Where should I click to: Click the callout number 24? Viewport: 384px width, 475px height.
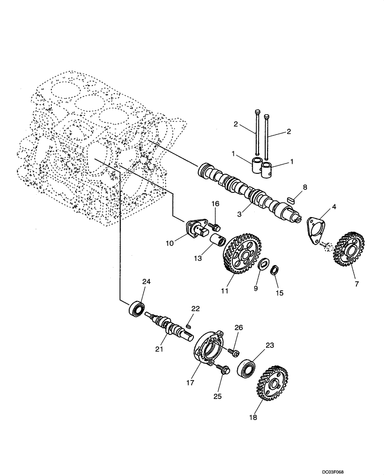(146, 282)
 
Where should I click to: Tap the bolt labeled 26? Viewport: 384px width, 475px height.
(233, 351)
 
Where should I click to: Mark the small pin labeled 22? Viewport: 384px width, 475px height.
(188, 326)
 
